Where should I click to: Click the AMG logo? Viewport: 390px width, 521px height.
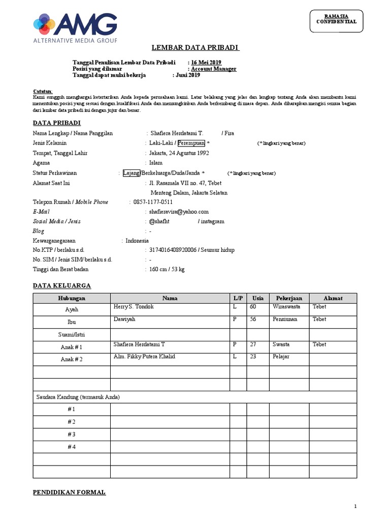point(75,28)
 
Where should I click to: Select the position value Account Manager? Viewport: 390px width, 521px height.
point(213,69)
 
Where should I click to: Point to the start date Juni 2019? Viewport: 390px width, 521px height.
point(188,75)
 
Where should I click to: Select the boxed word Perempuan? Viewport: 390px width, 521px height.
point(191,143)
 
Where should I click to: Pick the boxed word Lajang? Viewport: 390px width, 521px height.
point(131,172)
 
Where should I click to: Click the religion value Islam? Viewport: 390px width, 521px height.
point(155,163)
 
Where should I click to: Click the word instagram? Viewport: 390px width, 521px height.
point(213,221)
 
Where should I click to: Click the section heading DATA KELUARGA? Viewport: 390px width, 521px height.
point(62,286)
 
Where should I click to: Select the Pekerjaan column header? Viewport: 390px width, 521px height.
point(289,298)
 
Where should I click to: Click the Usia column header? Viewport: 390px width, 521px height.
point(258,298)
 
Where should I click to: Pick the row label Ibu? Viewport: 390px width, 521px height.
point(72,322)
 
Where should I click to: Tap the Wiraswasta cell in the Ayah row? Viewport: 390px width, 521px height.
point(286,307)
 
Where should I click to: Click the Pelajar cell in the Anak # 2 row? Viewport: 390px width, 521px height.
point(281,357)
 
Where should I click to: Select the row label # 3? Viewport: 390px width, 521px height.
point(72,434)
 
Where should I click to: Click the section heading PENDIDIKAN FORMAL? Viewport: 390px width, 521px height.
point(69,493)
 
